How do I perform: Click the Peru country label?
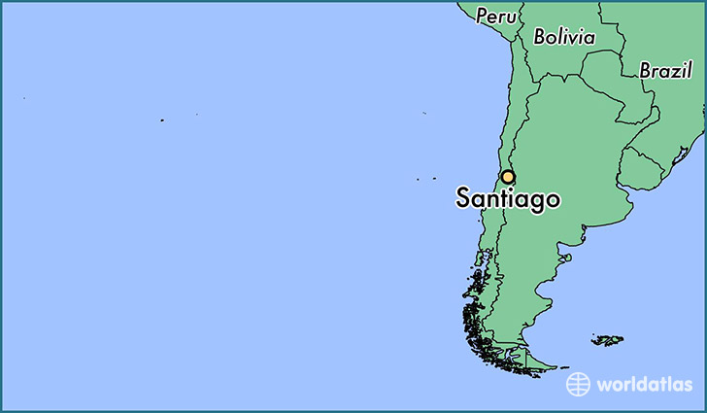pyautogui.click(x=496, y=17)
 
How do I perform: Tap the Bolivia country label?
pyautogui.click(x=564, y=37)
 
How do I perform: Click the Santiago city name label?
pyautogui.click(x=507, y=199)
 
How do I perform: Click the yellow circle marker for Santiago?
pyautogui.click(x=507, y=177)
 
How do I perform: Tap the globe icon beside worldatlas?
pyautogui.click(x=579, y=384)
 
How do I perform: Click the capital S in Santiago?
pyautogui.click(x=464, y=198)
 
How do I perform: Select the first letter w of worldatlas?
pyautogui.click(x=605, y=385)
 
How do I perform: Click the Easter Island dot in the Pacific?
pyautogui.click(x=162, y=120)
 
